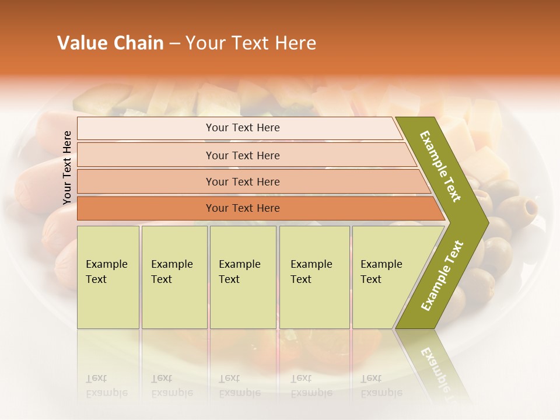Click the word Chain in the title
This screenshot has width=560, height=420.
pyautogui.click(x=137, y=43)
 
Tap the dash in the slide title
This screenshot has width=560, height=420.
pyautogui.click(x=174, y=44)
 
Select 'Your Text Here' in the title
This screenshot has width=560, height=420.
pyautogui.click(x=251, y=43)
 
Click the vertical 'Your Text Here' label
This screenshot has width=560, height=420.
pyautogui.click(x=67, y=167)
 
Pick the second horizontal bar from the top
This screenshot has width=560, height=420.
pyautogui.click(x=243, y=155)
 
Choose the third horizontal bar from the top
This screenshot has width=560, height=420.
pyautogui.click(x=243, y=181)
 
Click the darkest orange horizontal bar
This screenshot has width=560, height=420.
pyautogui.click(x=243, y=208)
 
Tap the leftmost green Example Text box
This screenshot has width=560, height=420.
pyautogui.click(x=108, y=276)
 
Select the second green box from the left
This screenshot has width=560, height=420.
pyautogui.click(x=174, y=276)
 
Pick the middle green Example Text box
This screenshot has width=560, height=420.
pyautogui.click(x=243, y=276)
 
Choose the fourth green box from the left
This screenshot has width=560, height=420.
pyautogui.click(x=314, y=276)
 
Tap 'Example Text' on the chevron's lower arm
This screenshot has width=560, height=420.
pyautogui.click(x=442, y=276)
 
